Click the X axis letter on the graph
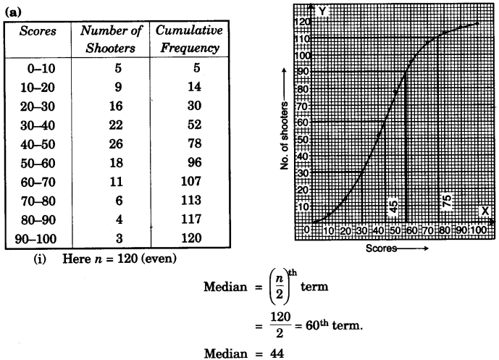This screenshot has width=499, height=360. (x=484, y=211)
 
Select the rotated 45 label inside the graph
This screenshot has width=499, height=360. (x=394, y=205)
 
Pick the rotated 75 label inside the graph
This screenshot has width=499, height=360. (x=447, y=204)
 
